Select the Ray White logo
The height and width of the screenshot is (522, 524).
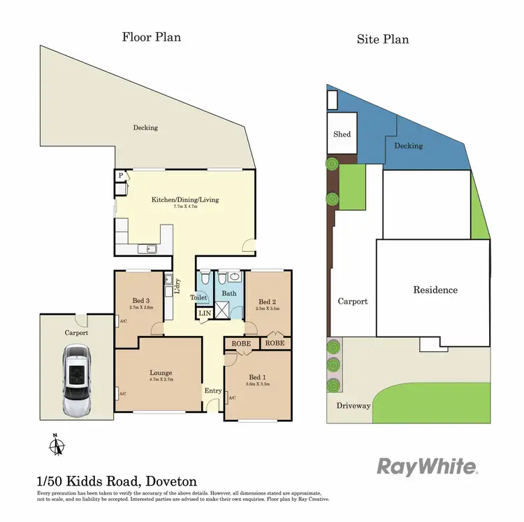(x=427, y=467)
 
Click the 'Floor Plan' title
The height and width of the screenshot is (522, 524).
(x=152, y=36)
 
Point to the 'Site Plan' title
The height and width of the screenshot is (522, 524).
(x=382, y=38)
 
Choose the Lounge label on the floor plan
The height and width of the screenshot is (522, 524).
(x=161, y=372)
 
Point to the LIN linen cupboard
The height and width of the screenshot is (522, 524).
(x=204, y=313)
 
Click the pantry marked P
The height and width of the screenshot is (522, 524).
(x=121, y=176)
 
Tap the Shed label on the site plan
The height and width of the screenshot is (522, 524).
(x=342, y=134)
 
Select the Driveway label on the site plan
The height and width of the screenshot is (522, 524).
(x=354, y=405)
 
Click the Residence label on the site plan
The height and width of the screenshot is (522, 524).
(x=435, y=290)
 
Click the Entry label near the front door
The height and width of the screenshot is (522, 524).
(x=212, y=391)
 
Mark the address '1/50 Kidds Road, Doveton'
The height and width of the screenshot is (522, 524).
(x=117, y=481)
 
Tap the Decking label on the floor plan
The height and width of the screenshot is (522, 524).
(x=145, y=127)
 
